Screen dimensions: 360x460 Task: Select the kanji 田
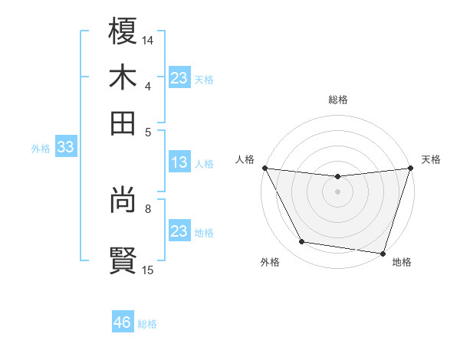(x=123, y=123)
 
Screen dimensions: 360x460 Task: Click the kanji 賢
(x=123, y=259)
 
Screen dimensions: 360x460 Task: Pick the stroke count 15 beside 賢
(x=148, y=269)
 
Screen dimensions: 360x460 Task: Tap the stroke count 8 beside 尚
(x=148, y=207)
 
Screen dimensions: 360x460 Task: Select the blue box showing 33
(x=65, y=148)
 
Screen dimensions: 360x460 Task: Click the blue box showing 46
(x=123, y=322)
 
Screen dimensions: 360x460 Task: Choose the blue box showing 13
(x=179, y=162)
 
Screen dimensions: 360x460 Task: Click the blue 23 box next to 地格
(x=179, y=231)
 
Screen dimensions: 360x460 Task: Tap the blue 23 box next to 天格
(x=179, y=78)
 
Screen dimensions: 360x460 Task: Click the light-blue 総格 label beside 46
(x=147, y=324)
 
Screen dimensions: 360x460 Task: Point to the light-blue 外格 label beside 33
(x=41, y=149)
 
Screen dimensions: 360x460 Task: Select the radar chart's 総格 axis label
(x=337, y=100)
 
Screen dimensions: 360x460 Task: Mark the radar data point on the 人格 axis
(x=265, y=168)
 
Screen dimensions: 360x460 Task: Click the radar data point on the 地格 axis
(x=383, y=253)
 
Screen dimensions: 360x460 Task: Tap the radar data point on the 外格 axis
(x=302, y=242)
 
